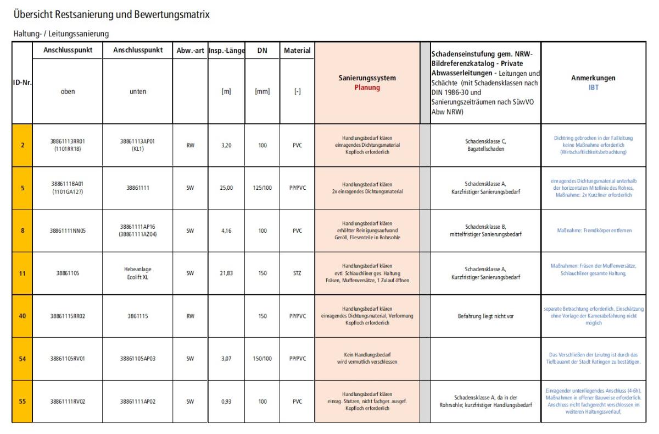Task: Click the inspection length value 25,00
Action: pos(225,188)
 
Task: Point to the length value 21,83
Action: pos(225,273)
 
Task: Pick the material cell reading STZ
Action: pos(297,273)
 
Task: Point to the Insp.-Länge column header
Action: pos(225,51)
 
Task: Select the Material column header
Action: pos(297,51)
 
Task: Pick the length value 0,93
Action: pos(225,402)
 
